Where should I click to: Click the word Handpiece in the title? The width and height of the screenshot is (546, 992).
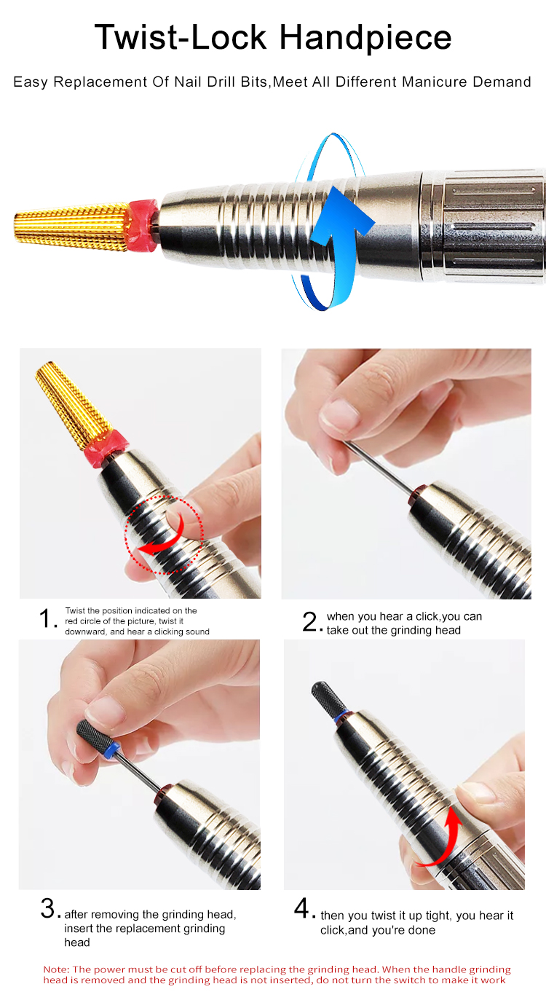(365, 39)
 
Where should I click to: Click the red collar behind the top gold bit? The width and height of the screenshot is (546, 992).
(143, 225)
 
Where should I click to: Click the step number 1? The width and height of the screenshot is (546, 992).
(46, 618)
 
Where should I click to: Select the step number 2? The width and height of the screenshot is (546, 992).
(309, 621)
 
